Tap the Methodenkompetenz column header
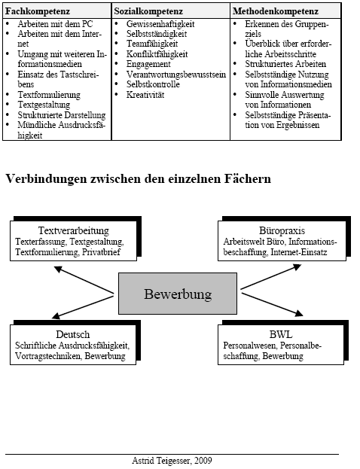275,13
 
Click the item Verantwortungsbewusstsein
164,75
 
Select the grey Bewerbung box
178,293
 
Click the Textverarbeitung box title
74,230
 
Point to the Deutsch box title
73,334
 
